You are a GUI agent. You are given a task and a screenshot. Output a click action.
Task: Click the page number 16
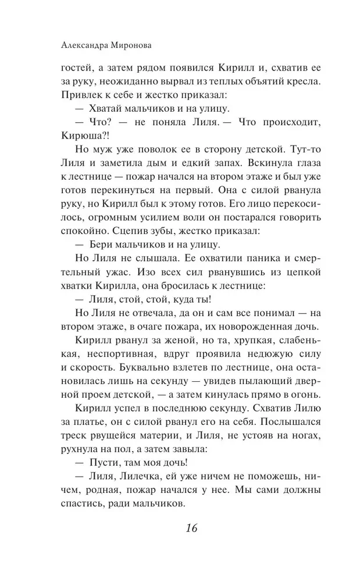pyautogui.click(x=191, y=528)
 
